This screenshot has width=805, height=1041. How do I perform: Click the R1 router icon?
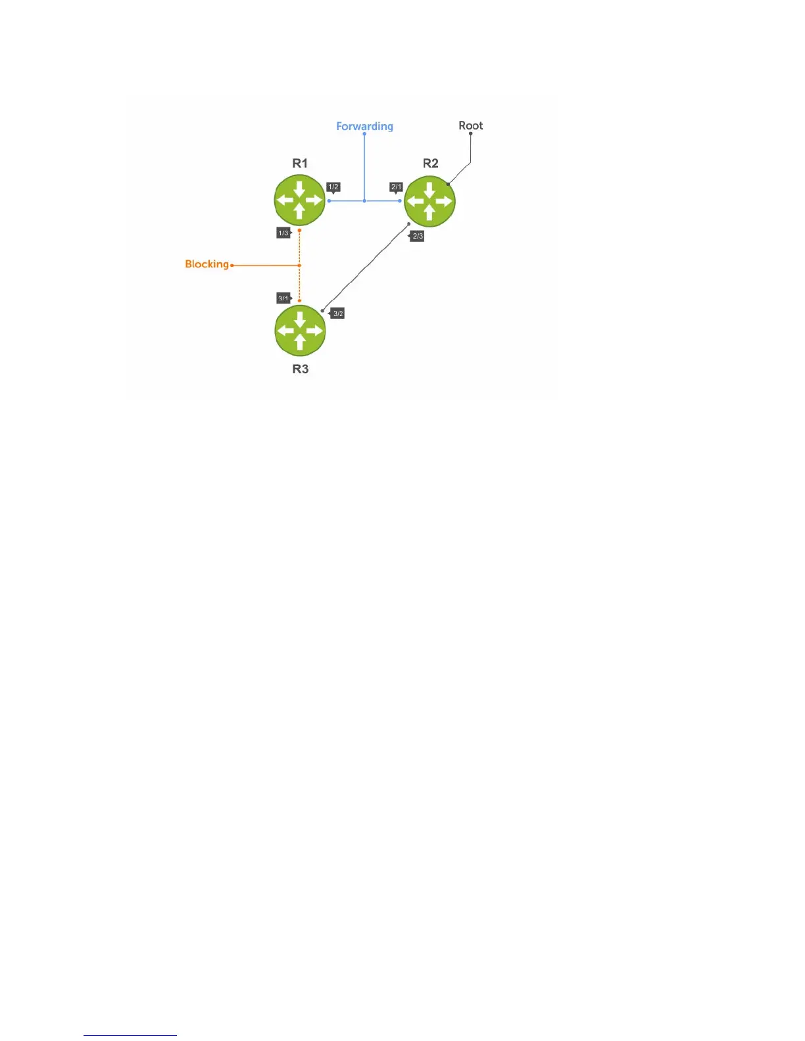tap(299, 200)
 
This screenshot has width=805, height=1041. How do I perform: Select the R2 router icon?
tap(429, 201)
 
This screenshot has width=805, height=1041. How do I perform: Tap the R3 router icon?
tap(300, 331)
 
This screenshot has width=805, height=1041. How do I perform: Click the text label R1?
tap(300, 164)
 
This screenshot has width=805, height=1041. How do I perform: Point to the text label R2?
tap(430, 164)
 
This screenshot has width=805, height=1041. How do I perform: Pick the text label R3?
tap(301, 369)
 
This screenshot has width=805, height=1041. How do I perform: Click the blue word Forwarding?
tap(364, 126)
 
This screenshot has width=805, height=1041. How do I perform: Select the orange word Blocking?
tap(207, 264)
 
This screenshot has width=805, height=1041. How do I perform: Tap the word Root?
tap(470, 126)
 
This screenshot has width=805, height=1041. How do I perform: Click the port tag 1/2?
tap(333, 187)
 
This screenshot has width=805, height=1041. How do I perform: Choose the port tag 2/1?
tap(396, 187)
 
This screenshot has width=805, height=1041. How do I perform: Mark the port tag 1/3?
tap(283, 233)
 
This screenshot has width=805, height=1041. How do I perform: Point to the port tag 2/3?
tap(418, 236)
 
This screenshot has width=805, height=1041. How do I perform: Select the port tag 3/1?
tap(283, 298)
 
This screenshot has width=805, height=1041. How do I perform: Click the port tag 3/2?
tap(338, 314)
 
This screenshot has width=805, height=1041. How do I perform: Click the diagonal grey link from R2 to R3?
tap(366, 267)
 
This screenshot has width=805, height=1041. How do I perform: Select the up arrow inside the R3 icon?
tap(300, 342)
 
